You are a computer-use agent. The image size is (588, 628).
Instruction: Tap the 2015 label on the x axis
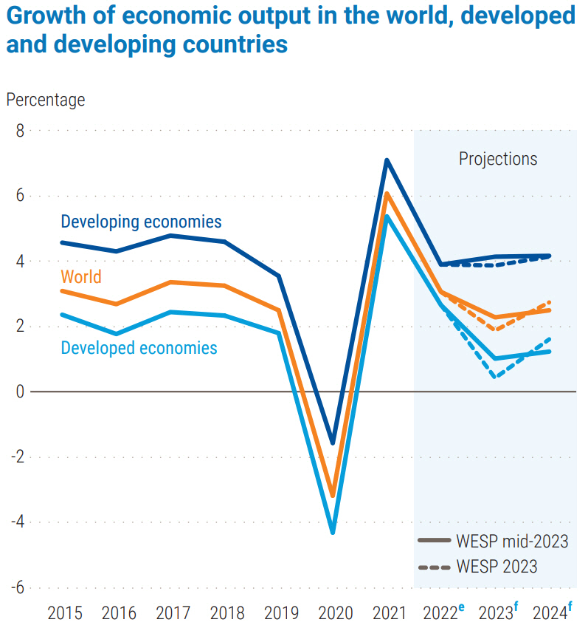[65, 612]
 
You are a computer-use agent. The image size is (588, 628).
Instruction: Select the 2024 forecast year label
[550, 612]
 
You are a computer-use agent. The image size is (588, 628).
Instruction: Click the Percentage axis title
[46, 99]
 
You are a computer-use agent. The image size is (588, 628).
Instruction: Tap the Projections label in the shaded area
[498, 158]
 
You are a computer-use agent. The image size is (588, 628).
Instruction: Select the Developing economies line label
[141, 221]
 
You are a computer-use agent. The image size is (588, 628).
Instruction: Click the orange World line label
[81, 277]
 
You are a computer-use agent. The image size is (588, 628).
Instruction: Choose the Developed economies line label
[139, 347]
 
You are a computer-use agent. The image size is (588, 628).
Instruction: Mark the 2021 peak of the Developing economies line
[386, 160]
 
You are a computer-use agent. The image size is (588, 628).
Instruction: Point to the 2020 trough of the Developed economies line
[333, 532]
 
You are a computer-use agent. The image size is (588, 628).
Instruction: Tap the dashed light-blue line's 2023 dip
[494, 377]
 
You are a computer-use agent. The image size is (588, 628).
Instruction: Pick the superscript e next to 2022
[461, 607]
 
